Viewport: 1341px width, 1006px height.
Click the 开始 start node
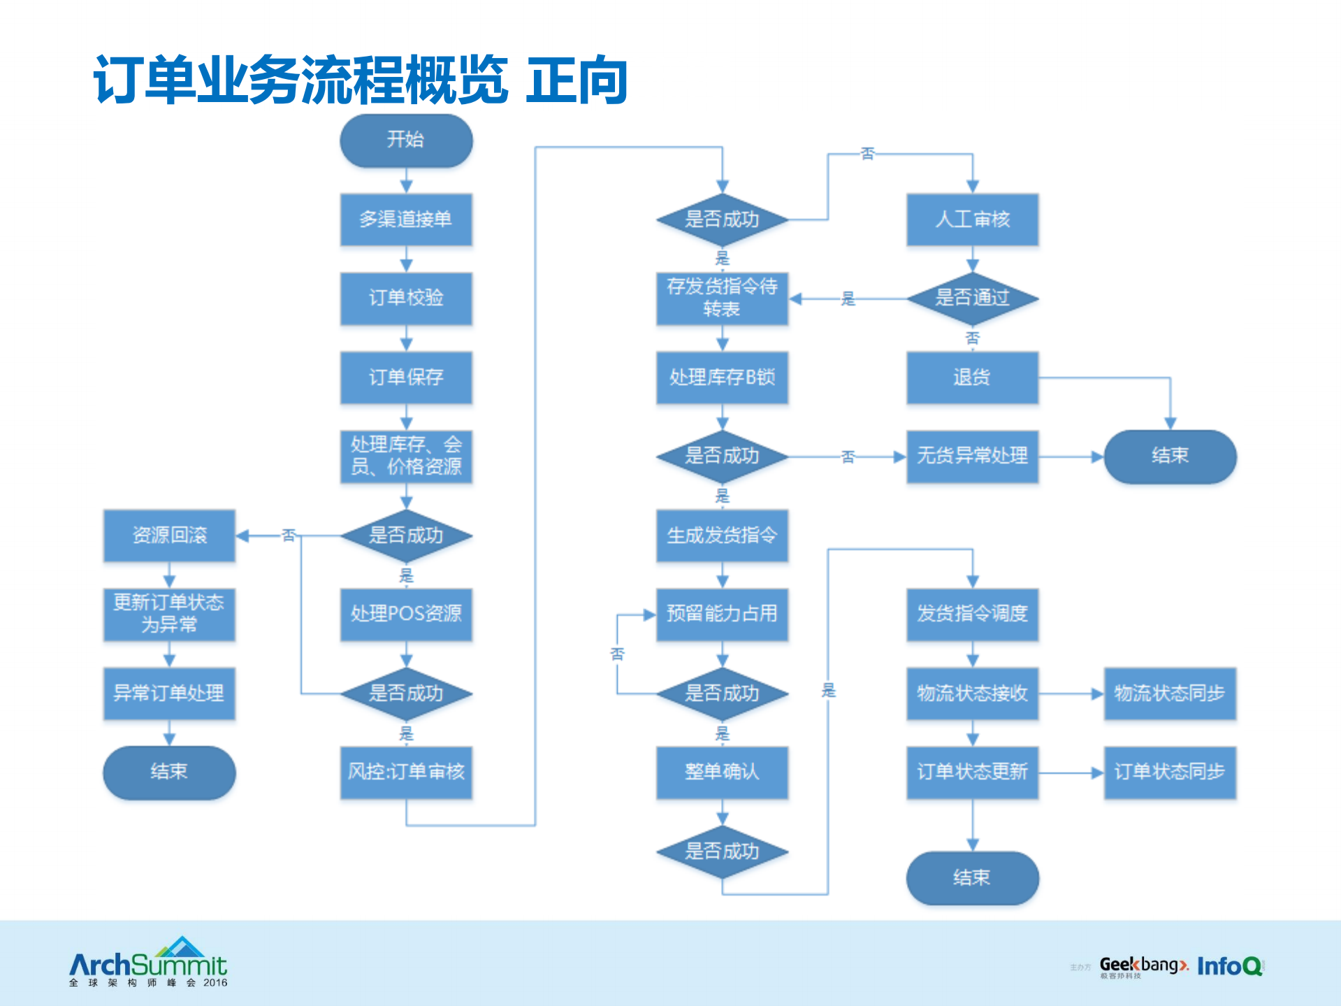click(406, 141)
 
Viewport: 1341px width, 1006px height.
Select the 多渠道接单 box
click(406, 220)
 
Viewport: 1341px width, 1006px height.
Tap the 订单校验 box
click(406, 299)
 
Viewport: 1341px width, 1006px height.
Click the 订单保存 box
click(406, 378)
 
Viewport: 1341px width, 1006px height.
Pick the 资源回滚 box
click(169, 536)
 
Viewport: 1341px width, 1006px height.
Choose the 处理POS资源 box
click(406, 615)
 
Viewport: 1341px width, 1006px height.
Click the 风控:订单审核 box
click(406, 773)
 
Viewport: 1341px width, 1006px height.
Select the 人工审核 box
click(972, 220)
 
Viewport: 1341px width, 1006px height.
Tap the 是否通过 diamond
click(972, 299)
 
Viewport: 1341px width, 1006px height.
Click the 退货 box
click(972, 378)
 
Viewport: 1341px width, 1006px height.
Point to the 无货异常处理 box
click(972, 457)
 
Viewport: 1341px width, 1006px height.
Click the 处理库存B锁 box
click(722, 378)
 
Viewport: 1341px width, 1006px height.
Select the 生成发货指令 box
click(722, 536)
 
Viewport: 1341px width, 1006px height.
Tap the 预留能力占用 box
click(722, 615)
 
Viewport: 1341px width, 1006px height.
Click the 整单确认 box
click(722, 773)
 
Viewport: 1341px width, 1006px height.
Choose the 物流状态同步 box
click(1170, 694)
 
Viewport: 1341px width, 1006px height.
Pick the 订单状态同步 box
click(1170, 773)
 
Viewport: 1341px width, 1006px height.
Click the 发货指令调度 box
click(972, 615)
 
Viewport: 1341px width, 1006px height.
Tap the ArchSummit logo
click(148, 963)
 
